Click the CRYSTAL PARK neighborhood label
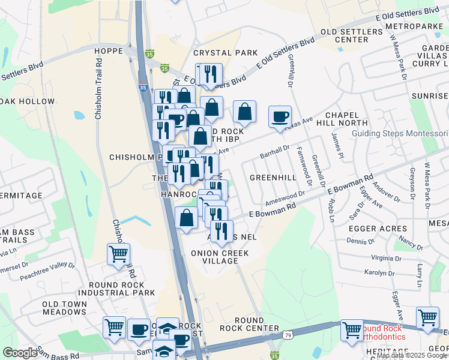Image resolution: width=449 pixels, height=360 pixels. pyautogui.click(x=225, y=53)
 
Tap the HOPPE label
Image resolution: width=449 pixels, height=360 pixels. pyautogui.click(x=109, y=52)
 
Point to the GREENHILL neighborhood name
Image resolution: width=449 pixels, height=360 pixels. pyautogui.click(x=273, y=178)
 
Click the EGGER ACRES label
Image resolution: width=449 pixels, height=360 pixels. pyautogui.click(x=378, y=229)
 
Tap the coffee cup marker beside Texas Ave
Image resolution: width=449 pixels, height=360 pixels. pyautogui.click(x=279, y=116)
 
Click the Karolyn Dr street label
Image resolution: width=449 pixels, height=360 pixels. pyautogui.click(x=379, y=272)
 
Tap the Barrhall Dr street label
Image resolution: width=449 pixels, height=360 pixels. pyautogui.click(x=275, y=151)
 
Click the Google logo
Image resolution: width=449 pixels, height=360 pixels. pyautogui.click(x=20, y=353)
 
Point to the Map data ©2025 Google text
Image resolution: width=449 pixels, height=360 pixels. pyautogui.click(x=412, y=355)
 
